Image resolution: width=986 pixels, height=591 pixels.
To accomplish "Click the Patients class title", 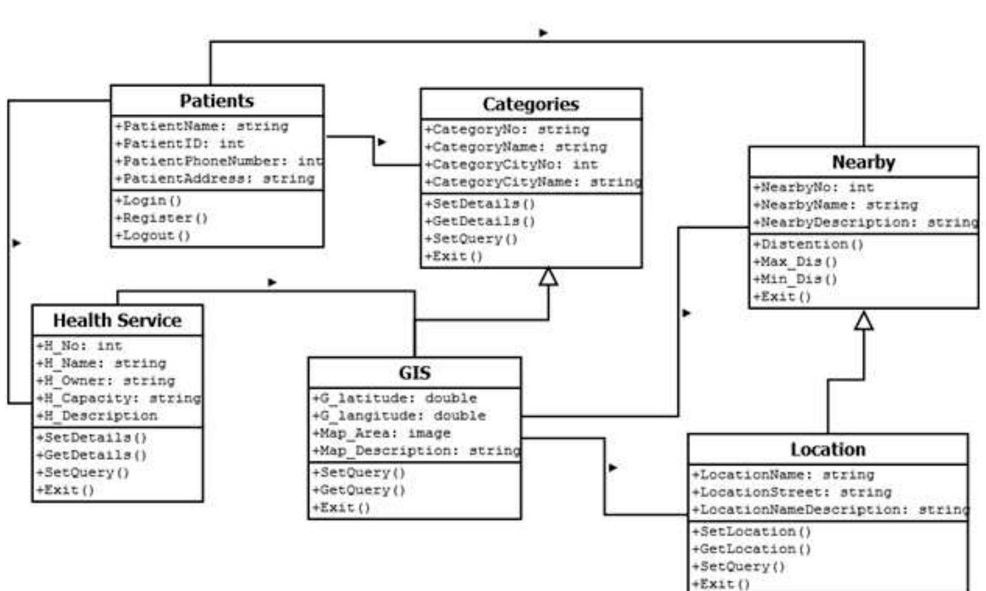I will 217,101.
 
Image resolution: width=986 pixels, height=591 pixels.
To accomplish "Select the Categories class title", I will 530,104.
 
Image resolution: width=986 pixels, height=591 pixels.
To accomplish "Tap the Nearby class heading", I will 863,162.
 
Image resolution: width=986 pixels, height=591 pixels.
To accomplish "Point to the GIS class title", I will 414,373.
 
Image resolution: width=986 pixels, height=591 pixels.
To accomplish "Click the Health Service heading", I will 117,320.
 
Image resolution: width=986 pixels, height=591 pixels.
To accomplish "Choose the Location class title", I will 827,450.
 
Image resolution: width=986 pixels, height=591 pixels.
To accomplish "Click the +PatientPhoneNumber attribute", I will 218,161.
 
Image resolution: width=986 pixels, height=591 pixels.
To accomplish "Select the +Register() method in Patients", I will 161,218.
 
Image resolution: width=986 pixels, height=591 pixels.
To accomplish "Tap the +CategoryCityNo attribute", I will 510,165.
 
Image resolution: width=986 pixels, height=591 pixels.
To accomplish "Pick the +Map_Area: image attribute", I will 381,433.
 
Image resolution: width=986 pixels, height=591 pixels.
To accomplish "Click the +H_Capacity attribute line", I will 118,398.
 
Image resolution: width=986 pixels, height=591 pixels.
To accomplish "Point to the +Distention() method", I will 808,244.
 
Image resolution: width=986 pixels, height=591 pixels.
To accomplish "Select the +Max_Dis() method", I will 795,261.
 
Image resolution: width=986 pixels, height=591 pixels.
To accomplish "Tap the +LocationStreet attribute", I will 791,492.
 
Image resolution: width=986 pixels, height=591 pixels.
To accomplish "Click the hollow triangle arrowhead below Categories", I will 548,277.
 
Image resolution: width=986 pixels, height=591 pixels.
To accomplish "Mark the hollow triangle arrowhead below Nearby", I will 863,321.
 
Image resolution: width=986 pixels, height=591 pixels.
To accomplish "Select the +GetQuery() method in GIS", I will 358,490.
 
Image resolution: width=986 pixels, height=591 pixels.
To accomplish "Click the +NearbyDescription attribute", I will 864,222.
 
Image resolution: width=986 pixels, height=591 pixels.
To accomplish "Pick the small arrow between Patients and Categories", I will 382,141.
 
